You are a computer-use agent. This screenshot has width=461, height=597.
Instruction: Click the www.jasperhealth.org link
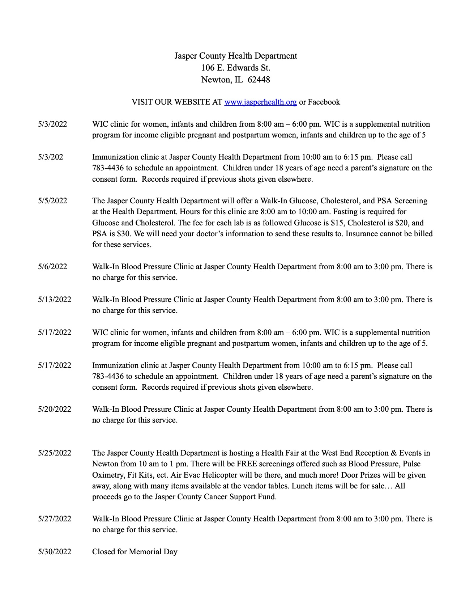pyautogui.click(x=260, y=102)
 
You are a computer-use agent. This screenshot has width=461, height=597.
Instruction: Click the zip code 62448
pyautogui.click(x=259, y=80)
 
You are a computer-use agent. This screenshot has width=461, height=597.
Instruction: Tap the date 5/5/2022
pyautogui.click(x=52, y=201)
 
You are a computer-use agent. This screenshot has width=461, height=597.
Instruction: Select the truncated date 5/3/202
pyautogui.click(x=50, y=157)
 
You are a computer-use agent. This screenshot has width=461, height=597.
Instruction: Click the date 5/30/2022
pyautogui.click(x=55, y=552)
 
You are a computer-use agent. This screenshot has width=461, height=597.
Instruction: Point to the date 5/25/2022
pyautogui.click(x=55, y=453)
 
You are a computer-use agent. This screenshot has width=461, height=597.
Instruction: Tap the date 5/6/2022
pyautogui.click(x=52, y=267)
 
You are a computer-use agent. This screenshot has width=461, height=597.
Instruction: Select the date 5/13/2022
pyautogui.click(x=55, y=300)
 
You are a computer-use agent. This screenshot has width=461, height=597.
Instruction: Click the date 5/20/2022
pyautogui.click(x=55, y=409)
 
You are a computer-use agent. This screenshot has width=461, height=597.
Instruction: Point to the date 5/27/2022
pyautogui.click(x=55, y=519)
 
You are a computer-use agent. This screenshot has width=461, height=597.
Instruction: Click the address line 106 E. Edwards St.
pyautogui.click(x=236, y=68)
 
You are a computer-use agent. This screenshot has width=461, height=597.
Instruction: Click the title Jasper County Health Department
pyautogui.click(x=236, y=56)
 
